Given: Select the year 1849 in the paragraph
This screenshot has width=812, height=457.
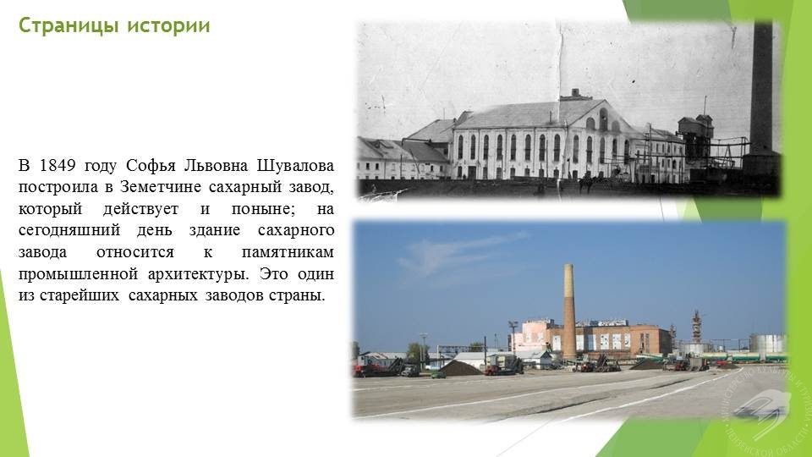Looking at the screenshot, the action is [x=58, y=165].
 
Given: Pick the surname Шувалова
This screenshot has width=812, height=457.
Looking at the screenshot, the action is [x=295, y=165].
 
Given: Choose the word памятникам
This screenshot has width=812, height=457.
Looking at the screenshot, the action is [x=288, y=252].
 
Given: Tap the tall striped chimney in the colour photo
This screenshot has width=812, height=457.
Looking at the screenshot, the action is [x=569, y=311].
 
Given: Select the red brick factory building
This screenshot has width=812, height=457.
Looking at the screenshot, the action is [x=611, y=339].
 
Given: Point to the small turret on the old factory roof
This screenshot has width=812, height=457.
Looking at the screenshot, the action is [x=575, y=95].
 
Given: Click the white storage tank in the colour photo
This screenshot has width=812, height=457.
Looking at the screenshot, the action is [x=767, y=343].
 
